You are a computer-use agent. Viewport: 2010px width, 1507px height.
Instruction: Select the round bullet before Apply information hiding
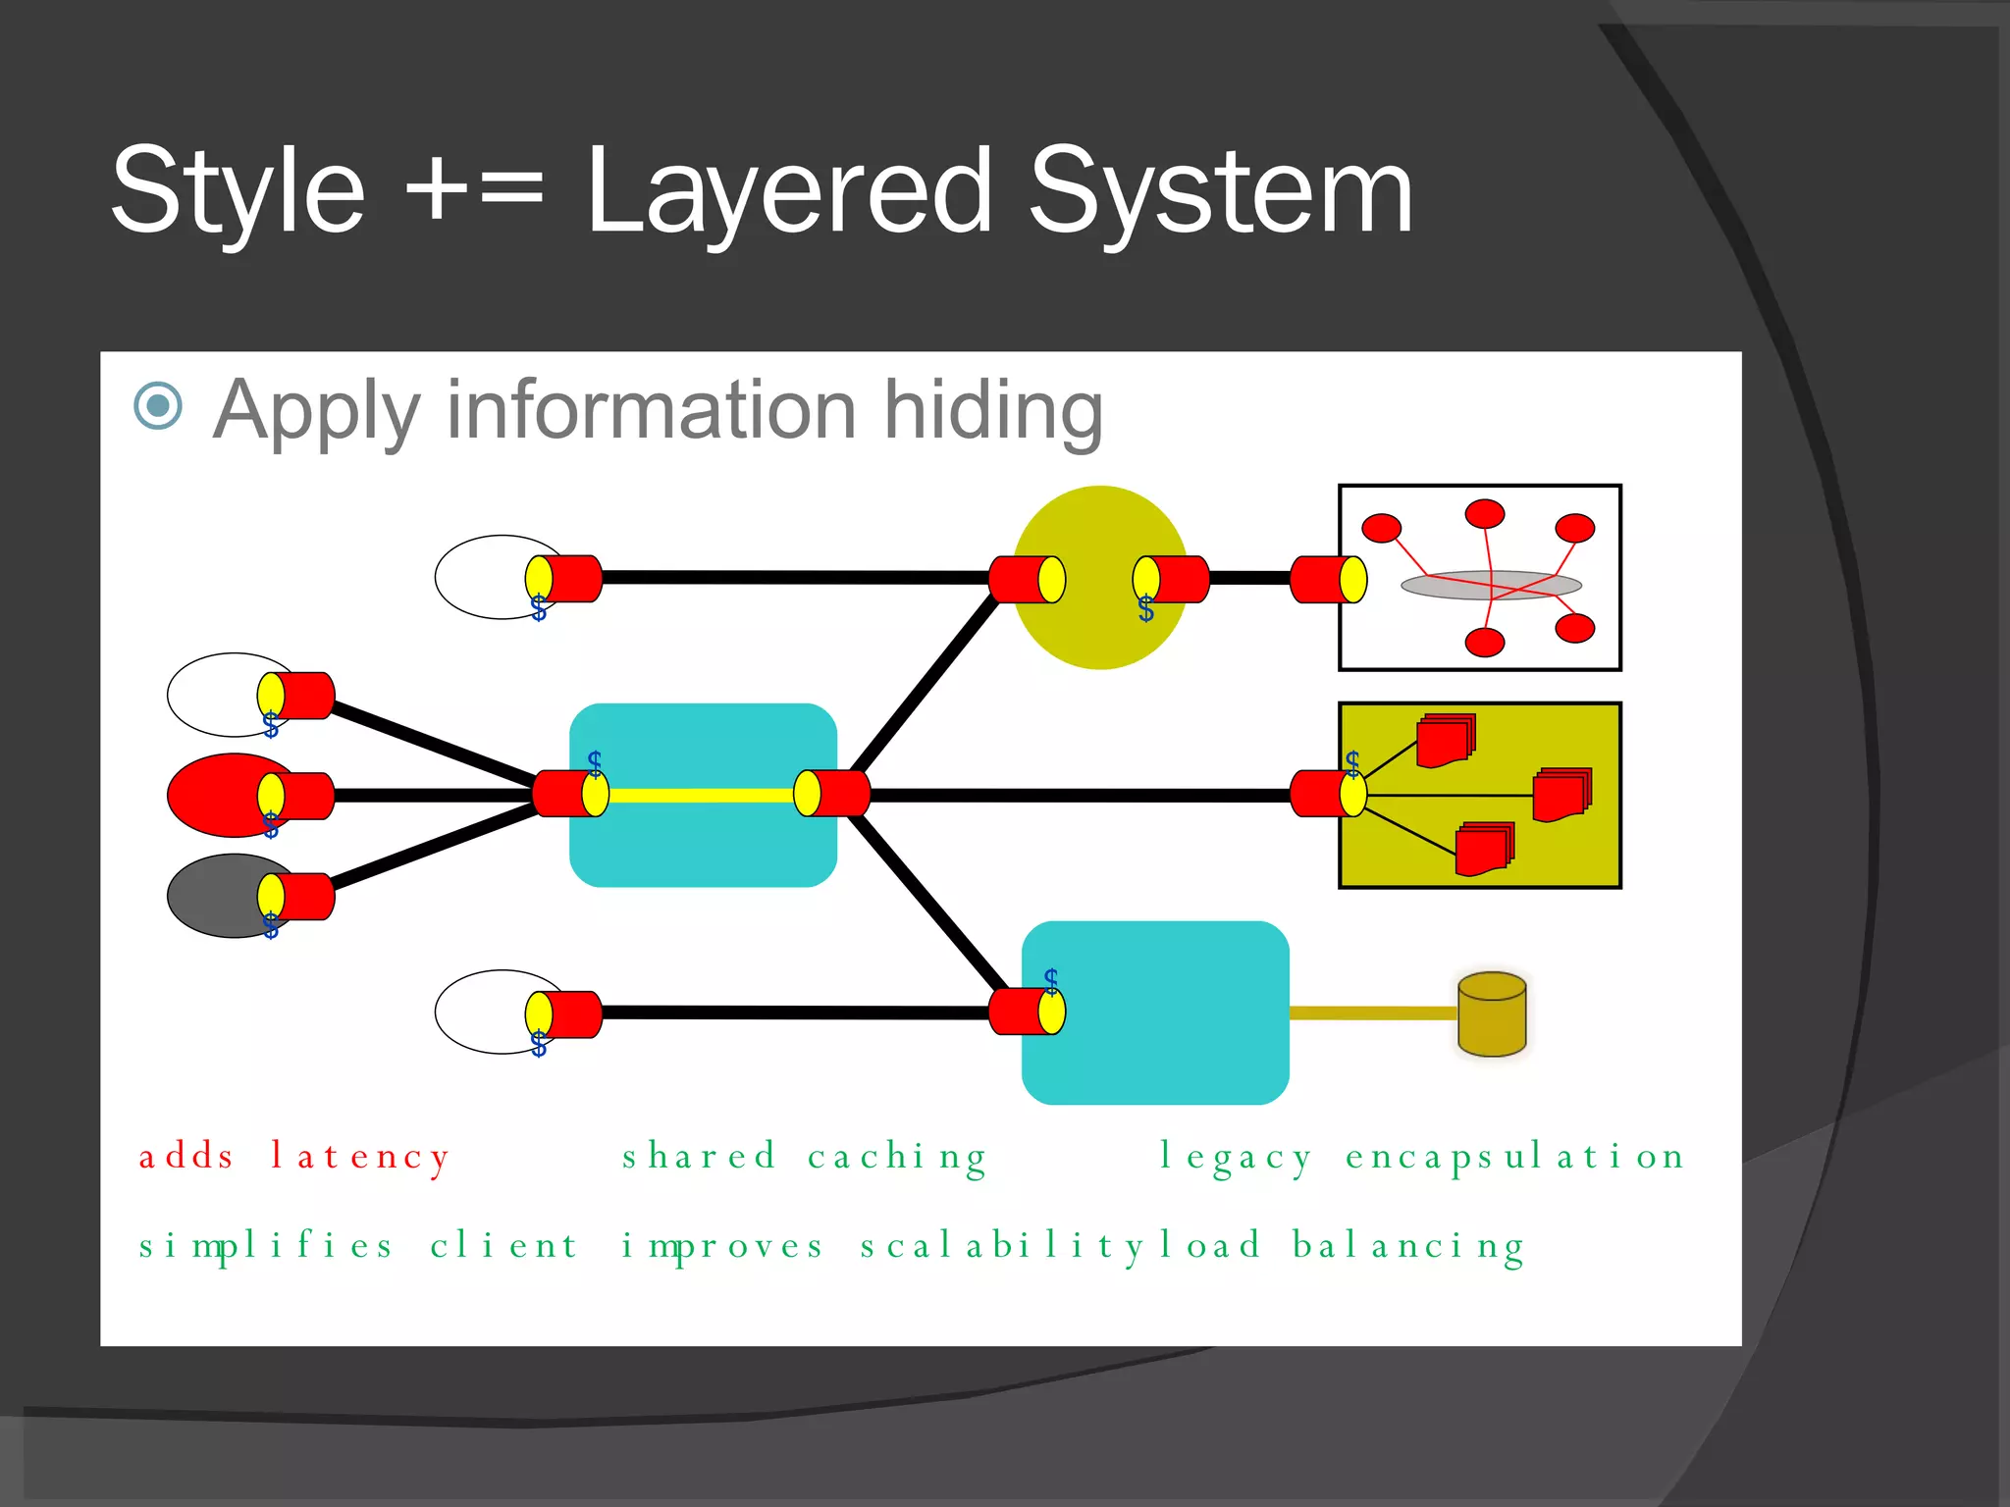pyautogui.click(x=158, y=405)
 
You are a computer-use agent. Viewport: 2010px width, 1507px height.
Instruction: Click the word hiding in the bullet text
pyautogui.click(x=993, y=410)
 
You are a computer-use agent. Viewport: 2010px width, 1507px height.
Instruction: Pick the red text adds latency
pyautogui.click(x=294, y=1156)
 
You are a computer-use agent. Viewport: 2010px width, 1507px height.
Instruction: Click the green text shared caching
pyautogui.click(x=804, y=1156)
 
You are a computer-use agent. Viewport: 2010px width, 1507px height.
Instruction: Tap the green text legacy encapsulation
pyautogui.click(x=1421, y=1156)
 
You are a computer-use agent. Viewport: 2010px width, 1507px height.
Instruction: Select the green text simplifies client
pyautogui.click(x=358, y=1245)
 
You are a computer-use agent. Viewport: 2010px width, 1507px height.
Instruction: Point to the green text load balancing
pyautogui.click(x=1342, y=1245)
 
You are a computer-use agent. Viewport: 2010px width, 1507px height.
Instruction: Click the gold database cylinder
pyautogui.click(x=1492, y=1014)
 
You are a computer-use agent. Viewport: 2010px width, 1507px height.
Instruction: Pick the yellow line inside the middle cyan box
pyautogui.click(x=701, y=795)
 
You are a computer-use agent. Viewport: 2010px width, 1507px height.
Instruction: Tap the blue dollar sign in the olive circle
pyautogui.click(x=1145, y=610)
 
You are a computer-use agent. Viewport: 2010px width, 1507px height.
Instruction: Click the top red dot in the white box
pyautogui.click(x=1484, y=513)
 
